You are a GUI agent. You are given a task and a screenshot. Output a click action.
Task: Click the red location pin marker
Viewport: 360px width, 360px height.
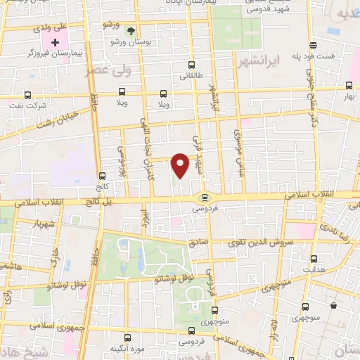(181, 165)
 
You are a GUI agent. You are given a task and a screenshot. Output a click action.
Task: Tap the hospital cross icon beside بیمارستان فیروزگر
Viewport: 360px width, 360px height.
(56, 42)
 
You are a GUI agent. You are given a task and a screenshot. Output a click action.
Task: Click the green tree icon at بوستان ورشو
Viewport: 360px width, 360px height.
(130, 30)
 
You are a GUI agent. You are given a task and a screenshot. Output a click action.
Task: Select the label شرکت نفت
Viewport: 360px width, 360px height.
(29, 106)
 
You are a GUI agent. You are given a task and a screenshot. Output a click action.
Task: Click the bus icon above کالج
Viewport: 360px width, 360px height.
(103, 176)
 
